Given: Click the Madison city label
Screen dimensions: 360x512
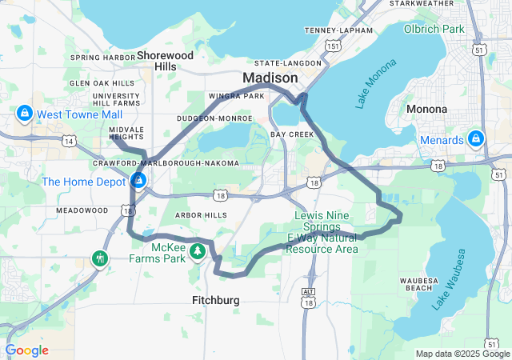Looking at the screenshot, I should pos(270,78).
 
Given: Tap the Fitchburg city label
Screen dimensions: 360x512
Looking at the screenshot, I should pos(215,301).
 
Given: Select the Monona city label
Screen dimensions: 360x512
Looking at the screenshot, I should pos(426,108).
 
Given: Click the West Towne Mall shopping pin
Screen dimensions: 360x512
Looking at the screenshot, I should pos(25,114).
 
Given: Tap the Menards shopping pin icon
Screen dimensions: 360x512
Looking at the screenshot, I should pos(476,139).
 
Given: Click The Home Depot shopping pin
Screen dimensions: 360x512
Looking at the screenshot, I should pos(138,182).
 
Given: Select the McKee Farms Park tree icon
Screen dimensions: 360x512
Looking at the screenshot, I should pos(198,252).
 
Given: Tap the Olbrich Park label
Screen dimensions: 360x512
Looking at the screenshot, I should pos(457,29).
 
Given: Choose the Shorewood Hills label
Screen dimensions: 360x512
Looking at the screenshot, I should pos(166,61).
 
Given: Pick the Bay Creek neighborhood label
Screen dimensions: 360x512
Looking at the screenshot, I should pos(292,134).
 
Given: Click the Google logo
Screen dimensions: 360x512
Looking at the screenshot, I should pos(26,350).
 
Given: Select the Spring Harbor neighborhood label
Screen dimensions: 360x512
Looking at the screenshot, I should pos(103,57).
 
